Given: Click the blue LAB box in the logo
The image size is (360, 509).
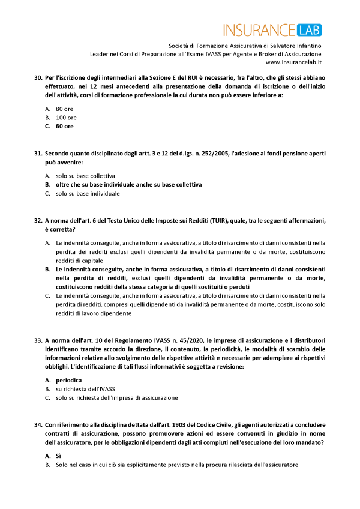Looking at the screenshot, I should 308,29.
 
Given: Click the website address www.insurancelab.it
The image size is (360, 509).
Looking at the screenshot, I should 293,62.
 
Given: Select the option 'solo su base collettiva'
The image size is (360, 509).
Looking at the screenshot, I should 85,176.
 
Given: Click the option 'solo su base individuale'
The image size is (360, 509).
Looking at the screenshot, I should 88,193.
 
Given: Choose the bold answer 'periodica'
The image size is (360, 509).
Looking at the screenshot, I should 68,381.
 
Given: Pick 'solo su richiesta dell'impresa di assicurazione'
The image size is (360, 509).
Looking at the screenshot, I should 117,397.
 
